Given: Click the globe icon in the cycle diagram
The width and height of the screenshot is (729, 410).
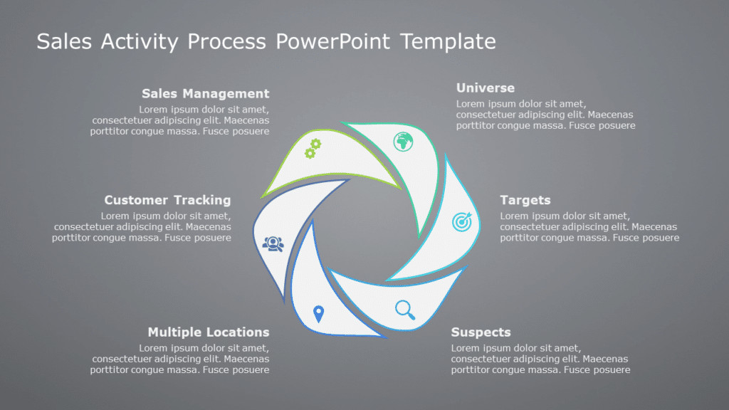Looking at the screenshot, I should [x=404, y=142].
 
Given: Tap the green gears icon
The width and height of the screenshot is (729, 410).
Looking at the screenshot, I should [x=313, y=149].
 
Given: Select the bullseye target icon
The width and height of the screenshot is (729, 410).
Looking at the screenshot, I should [x=461, y=222].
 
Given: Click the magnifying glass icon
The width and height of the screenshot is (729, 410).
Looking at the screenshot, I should [x=405, y=309].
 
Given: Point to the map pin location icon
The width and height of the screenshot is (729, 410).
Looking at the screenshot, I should [x=318, y=313].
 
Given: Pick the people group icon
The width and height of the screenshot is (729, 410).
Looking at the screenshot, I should [x=273, y=244].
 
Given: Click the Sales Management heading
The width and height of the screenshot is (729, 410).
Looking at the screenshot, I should [x=205, y=93].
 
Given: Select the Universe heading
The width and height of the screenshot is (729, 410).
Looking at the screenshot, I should [x=485, y=88].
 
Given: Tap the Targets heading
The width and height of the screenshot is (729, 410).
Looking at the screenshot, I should [x=525, y=200].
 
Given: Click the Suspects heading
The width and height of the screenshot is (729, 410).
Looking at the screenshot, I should [x=481, y=332].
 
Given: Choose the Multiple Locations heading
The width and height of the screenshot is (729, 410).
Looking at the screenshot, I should [x=208, y=332].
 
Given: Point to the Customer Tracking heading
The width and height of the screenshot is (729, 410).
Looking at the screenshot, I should [x=167, y=200].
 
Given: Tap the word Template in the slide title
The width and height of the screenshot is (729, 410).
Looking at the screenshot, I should [x=448, y=41].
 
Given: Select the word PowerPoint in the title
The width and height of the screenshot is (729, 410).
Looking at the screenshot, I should [x=334, y=41].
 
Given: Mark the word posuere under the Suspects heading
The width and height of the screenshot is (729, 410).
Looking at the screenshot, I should [x=611, y=370].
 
